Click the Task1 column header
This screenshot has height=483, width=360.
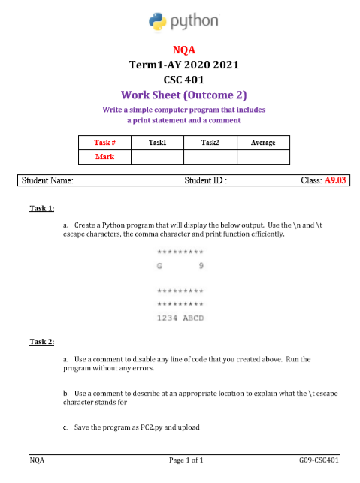click(x=157, y=142)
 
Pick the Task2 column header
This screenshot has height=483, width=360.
click(x=210, y=142)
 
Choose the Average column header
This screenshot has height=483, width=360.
click(x=263, y=142)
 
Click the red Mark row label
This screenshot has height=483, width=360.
click(x=104, y=157)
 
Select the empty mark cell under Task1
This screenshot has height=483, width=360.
click(x=157, y=157)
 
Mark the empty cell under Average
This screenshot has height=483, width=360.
click(x=263, y=157)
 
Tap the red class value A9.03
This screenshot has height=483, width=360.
click(x=334, y=180)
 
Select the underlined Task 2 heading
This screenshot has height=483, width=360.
click(x=42, y=342)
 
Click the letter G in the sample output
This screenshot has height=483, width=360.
click(x=159, y=265)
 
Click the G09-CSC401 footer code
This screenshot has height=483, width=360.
click(x=319, y=459)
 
